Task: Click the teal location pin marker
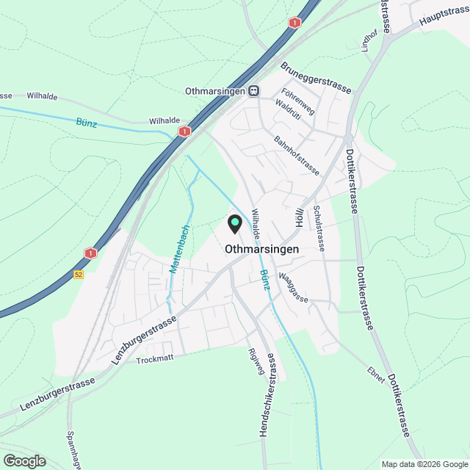click(235, 223)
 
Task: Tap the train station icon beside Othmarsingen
click(253, 90)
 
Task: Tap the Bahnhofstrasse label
click(296, 155)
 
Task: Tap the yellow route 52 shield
click(79, 275)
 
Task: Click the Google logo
click(24, 460)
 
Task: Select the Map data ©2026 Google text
click(423, 464)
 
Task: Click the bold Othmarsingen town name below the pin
click(273, 249)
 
